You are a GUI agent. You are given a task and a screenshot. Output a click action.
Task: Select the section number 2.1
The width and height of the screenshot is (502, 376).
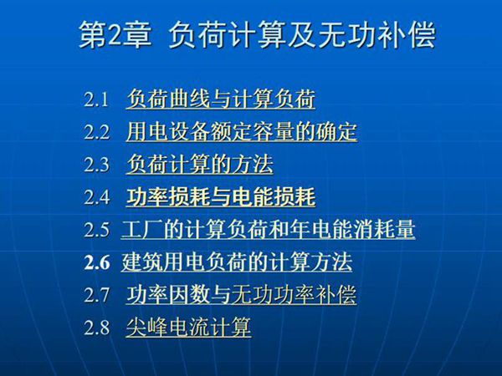[97, 100]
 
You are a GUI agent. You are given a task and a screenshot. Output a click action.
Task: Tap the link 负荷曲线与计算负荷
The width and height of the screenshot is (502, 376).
[221, 100]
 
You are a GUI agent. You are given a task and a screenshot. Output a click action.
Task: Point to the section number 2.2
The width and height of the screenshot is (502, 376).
[97, 133]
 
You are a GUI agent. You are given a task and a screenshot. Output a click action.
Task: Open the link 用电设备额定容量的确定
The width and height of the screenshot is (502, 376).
[242, 133]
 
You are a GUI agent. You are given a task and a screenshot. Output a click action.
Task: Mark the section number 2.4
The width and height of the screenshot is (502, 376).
[97, 198]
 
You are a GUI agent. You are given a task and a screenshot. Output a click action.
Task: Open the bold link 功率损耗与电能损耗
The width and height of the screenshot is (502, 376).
[221, 198]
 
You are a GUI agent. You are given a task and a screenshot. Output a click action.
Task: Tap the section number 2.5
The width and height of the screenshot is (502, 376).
[97, 231]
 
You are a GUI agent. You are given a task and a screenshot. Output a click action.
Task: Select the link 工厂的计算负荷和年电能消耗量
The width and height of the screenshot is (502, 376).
[269, 231]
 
